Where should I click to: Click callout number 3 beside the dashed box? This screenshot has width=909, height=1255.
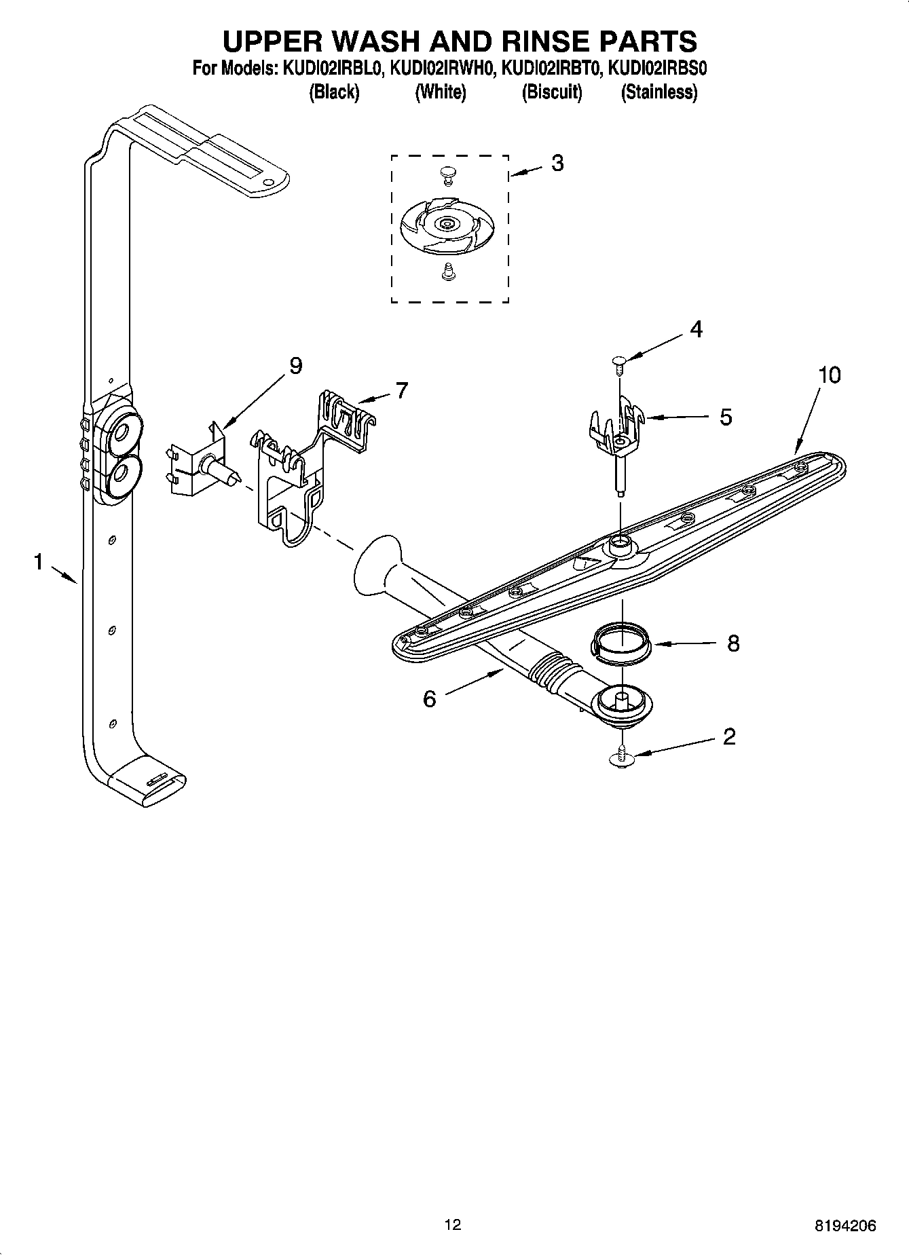pyautogui.click(x=557, y=164)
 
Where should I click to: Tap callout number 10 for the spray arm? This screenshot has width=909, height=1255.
pyautogui.click(x=828, y=375)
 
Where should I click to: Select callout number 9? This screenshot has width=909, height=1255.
pyautogui.click(x=295, y=366)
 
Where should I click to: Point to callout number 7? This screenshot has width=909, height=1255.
pyautogui.click(x=402, y=390)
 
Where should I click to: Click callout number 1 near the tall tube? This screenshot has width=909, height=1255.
pyautogui.click(x=39, y=562)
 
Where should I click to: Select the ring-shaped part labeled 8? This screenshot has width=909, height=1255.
pyautogui.click(x=621, y=643)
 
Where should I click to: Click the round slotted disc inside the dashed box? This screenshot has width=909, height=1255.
pyautogui.click(x=447, y=224)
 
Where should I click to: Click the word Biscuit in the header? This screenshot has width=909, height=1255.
pyautogui.click(x=551, y=92)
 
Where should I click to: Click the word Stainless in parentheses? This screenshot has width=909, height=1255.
pyautogui.click(x=658, y=92)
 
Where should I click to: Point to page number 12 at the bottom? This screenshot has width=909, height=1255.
pyautogui.click(x=452, y=1224)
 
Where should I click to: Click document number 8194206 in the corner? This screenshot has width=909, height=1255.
pyautogui.click(x=845, y=1225)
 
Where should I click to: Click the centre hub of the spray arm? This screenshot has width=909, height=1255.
pyautogui.click(x=618, y=543)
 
